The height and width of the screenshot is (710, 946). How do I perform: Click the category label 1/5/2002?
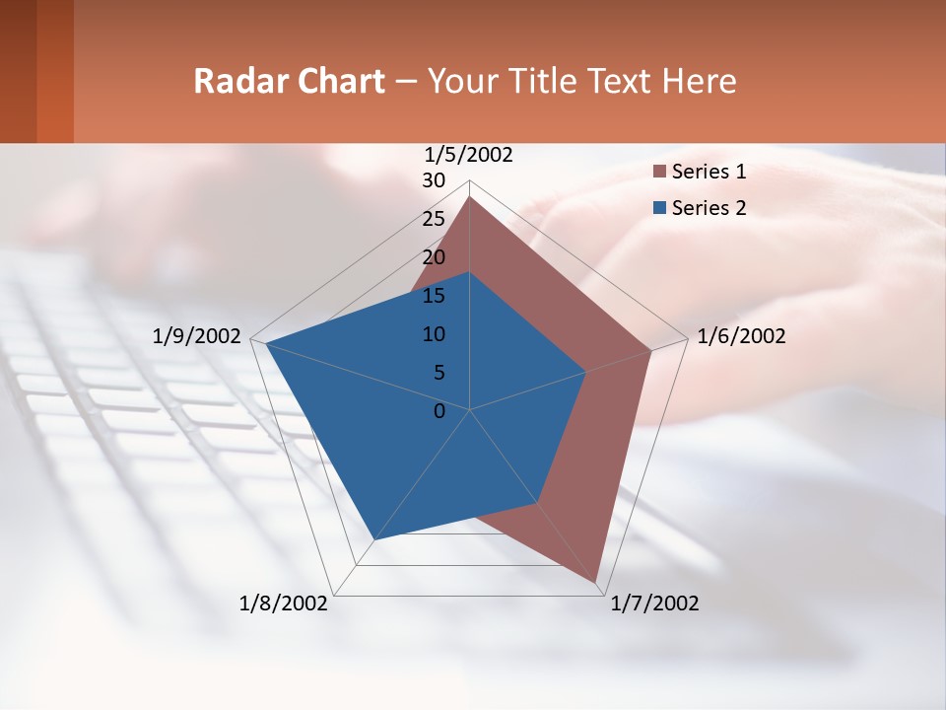pos(469,155)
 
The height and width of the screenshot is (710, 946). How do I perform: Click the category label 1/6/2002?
pos(741,336)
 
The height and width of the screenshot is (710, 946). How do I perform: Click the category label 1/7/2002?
pos(654,603)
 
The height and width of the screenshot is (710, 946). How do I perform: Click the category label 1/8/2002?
pos(284,603)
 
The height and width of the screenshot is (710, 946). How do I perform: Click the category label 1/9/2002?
pos(196,336)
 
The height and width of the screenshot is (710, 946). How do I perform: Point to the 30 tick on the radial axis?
pos(434,180)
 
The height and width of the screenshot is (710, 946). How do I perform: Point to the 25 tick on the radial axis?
pos(434,219)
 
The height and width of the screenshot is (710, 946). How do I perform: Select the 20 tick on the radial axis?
pos(434,257)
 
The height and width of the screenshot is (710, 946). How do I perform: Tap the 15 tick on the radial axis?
pos(434,296)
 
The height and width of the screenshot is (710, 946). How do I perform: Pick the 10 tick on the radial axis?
pos(434,334)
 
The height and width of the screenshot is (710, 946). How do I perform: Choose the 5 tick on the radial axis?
pos(439,373)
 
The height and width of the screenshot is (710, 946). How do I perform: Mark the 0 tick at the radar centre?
pos(439,410)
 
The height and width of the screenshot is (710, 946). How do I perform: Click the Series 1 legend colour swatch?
pos(660,173)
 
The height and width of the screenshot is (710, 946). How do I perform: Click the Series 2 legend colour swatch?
pos(660,208)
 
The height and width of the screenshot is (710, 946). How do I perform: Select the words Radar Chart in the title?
pos(289,81)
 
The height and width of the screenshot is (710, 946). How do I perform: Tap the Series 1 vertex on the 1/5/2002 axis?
pos(470,196)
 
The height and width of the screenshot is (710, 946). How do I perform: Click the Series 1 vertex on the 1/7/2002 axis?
pos(597,582)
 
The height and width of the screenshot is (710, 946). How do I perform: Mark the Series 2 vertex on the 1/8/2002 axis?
pos(374,539)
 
